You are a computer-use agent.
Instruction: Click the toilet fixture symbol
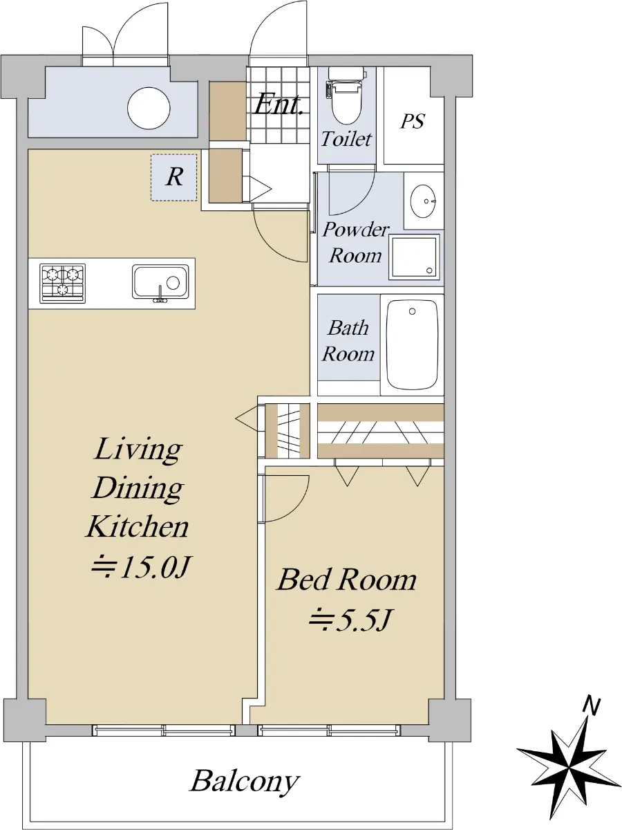(346, 96)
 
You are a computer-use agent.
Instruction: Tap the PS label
(413, 121)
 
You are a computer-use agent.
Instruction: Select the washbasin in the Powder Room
(424, 201)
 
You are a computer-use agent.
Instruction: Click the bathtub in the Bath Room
(412, 344)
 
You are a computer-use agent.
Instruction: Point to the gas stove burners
(63, 283)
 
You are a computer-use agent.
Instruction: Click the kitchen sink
(160, 282)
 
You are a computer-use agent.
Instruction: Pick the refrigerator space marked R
(174, 177)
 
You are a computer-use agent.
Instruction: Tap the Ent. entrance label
(279, 104)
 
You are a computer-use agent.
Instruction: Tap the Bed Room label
(347, 580)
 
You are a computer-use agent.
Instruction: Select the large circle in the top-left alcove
(149, 108)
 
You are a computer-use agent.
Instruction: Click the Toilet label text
(347, 139)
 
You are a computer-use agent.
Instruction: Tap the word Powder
(356, 230)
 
